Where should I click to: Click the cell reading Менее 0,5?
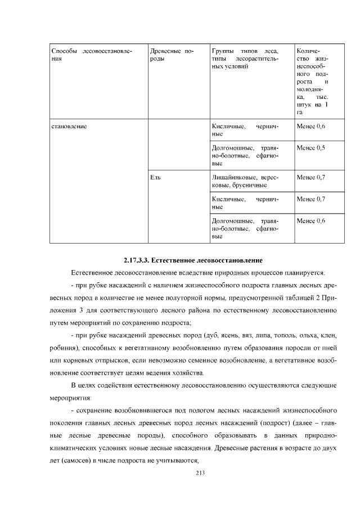point(310,148)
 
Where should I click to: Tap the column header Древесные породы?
point(172,55)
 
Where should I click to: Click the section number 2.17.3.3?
point(137,261)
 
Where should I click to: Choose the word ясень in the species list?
point(230,335)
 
